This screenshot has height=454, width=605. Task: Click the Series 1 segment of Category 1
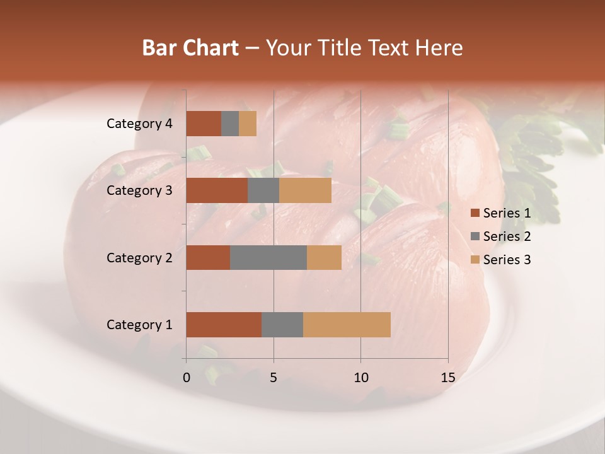[x=224, y=325]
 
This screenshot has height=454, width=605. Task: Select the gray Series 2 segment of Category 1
[x=282, y=325]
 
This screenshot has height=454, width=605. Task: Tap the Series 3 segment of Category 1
[x=347, y=325]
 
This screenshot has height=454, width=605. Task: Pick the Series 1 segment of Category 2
[x=208, y=257]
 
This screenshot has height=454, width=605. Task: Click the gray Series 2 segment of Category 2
[x=268, y=257]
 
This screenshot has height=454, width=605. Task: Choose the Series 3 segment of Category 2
[x=324, y=257]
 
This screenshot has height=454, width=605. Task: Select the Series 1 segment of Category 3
[x=217, y=190]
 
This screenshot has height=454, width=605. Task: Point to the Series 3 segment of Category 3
[x=305, y=190]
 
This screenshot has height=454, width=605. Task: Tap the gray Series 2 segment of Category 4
[x=230, y=124]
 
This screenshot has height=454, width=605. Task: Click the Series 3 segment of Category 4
[x=248, y=124]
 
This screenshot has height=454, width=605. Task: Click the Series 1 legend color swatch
[x=475, y=213]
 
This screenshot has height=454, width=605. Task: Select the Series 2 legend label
[x=507, y=236]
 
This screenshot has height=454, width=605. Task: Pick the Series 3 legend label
[x=507, y=260]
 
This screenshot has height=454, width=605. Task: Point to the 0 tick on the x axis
[x=187, y=378]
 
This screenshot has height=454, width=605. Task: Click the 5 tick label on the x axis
[x=274, y=378]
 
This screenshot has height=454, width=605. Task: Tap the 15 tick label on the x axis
[x=448, y=378]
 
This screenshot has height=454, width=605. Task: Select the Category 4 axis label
[x=139, y=124]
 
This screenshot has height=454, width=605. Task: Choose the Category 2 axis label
[x=139, y=257]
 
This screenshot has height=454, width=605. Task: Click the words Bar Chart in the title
[x=190, y=48]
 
